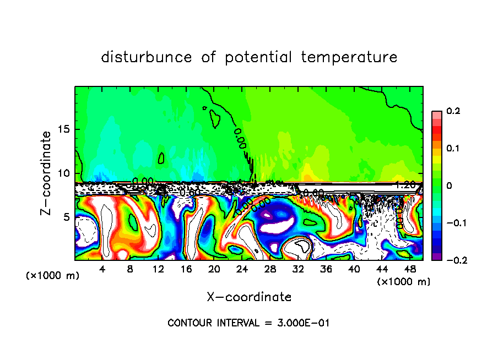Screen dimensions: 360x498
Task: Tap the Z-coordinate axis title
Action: point(47,173)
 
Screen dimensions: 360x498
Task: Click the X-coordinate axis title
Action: point(249,297)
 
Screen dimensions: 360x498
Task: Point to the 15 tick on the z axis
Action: point(64,129)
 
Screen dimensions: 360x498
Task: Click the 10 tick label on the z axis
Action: point(64,173)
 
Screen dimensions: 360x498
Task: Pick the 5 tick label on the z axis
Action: point(67,217)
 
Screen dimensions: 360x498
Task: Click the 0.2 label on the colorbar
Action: point(453,111)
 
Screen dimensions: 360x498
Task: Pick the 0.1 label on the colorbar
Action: point(453,149)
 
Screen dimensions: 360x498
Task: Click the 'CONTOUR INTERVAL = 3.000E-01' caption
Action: point(248,323)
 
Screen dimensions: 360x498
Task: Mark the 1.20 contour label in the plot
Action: point(405,185)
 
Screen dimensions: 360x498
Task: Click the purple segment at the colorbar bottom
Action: point(436,256)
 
